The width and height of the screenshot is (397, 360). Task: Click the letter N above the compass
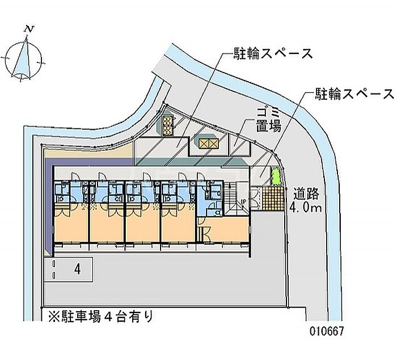pyautogui.click(x=29, y=29)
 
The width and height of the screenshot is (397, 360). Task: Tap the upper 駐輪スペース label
pyautogui.click(x=273, y=53)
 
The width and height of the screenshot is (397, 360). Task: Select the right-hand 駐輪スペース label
pyautogui.click(x=354, y=94)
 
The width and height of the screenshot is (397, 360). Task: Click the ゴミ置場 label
pyautogui.click(x=269, y=120)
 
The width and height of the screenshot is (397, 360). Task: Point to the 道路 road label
pyautogui.click(x=306, y=194)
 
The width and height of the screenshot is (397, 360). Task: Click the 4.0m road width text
pyautogui.click(x=306, y=207)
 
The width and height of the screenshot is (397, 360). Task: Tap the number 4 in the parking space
pyautogui.click(x=78, y=269)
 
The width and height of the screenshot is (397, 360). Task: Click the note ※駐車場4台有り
pyautogui.click(x=101, y=316)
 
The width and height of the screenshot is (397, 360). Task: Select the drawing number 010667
pyautogui.click(x=327, y=331)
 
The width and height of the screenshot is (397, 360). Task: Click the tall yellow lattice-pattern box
pyautogui.click(x=167, y=125)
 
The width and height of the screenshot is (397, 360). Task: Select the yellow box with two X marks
pyautogui.click(x=208, y=144)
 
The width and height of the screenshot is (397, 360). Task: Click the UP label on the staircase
pyautogui.click(x=243, y=202)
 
